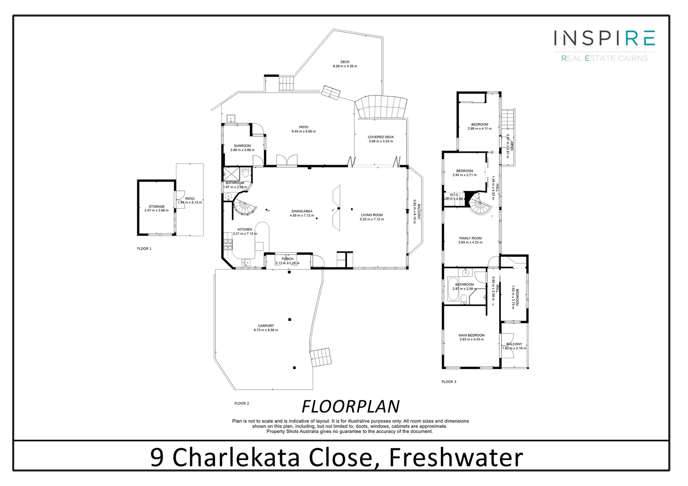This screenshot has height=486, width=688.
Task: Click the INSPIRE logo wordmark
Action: [x=604, y=38]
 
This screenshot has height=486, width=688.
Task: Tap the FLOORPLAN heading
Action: [x=350, y=406]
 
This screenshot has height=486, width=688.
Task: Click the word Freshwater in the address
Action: [x=456, y=457]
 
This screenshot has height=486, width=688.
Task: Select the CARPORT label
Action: [x=266, y=326]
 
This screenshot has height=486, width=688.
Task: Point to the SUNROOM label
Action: [x=242, y=146]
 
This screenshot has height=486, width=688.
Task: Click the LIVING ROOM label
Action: [x=371, y=215]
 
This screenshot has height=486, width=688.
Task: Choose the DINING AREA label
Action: [x=301, y=211]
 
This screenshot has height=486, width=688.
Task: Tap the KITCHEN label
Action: [x=245, y=229]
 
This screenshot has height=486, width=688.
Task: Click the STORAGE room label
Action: [x=157, y=207]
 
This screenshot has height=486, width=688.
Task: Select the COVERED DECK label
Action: [x=380, y=137]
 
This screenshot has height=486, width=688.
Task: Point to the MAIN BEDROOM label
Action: [x=471, y=335]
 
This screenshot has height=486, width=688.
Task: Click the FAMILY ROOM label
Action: [x=470, y=238]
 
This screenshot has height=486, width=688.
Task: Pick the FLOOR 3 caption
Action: [x=449, y=382]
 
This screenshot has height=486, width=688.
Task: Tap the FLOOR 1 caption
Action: [x=145, y=248]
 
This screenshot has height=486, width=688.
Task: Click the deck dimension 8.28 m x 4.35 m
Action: [x=345, y=66]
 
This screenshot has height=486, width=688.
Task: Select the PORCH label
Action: [x=287, y=259]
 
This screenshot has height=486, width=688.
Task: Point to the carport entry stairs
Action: [x=321, y=357]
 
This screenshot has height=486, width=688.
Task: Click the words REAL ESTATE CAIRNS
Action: [x=604, y=58]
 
